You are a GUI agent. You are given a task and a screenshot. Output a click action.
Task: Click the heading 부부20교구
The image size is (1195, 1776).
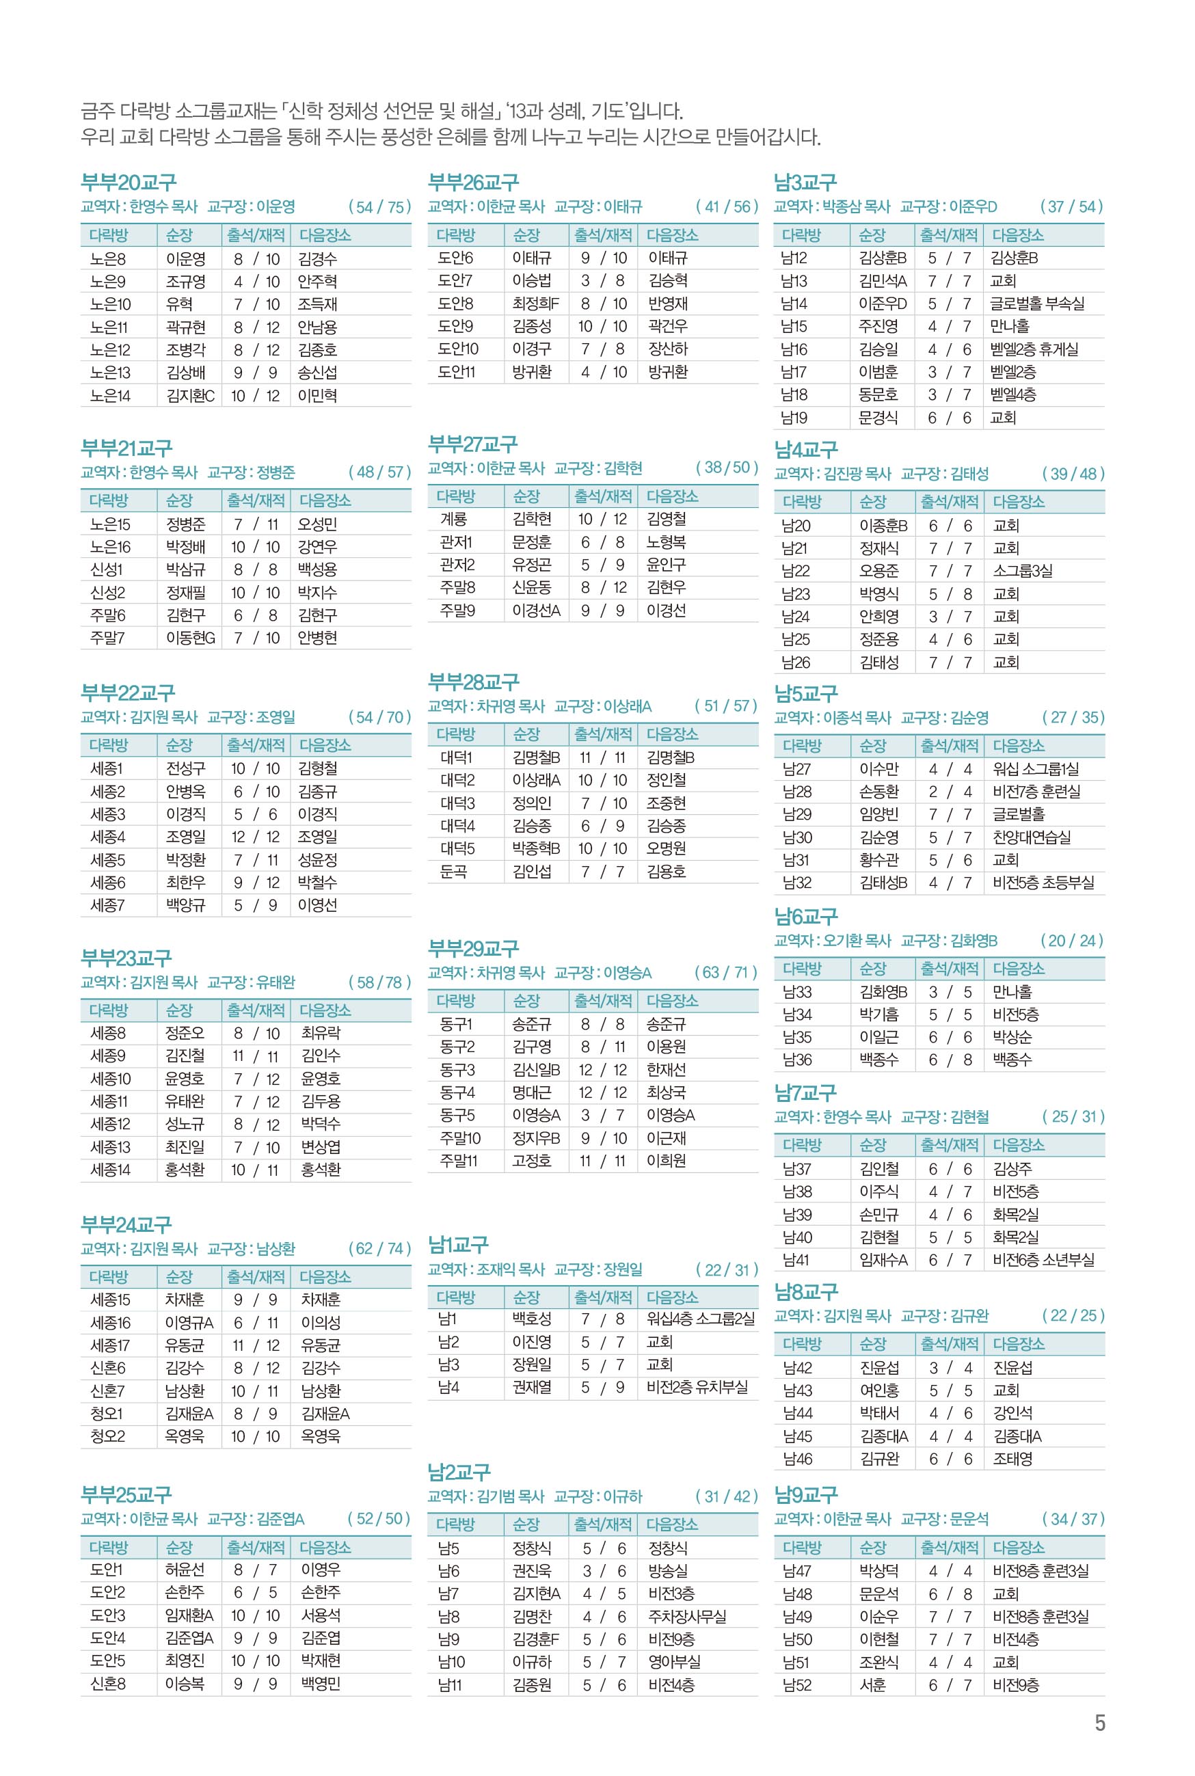[x=128, y=183]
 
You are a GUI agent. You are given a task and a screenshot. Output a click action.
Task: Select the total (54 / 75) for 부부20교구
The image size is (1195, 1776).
[x=379, y=206]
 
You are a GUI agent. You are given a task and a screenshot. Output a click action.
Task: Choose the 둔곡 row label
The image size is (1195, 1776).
[x=453, y=872]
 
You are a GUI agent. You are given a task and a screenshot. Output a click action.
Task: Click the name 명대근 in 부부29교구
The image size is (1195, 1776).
[x=531, y=1092]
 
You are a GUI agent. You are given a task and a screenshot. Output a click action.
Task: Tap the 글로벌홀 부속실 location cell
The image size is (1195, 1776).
[x=1036, y=304]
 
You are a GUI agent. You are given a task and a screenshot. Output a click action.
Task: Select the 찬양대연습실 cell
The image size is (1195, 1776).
[x=1031, y=837]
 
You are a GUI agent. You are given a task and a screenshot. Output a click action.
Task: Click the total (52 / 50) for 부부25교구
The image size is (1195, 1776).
[x=379, y=1518]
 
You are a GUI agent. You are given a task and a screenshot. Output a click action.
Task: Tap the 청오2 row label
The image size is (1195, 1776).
[x=107, y=1436]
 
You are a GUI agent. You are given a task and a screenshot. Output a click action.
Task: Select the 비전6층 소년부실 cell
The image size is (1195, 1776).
[x=1043, y=1260]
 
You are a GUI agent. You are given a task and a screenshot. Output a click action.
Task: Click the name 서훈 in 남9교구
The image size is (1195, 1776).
[x=872, y=1685]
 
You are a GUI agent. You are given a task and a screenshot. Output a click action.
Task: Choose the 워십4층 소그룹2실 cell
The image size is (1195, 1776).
[x=700, y=1319]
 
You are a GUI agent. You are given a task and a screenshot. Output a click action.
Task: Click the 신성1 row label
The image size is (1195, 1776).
[x=106, y=569]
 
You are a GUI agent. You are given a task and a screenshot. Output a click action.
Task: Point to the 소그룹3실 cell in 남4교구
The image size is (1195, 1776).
[x=1022, y=571]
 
